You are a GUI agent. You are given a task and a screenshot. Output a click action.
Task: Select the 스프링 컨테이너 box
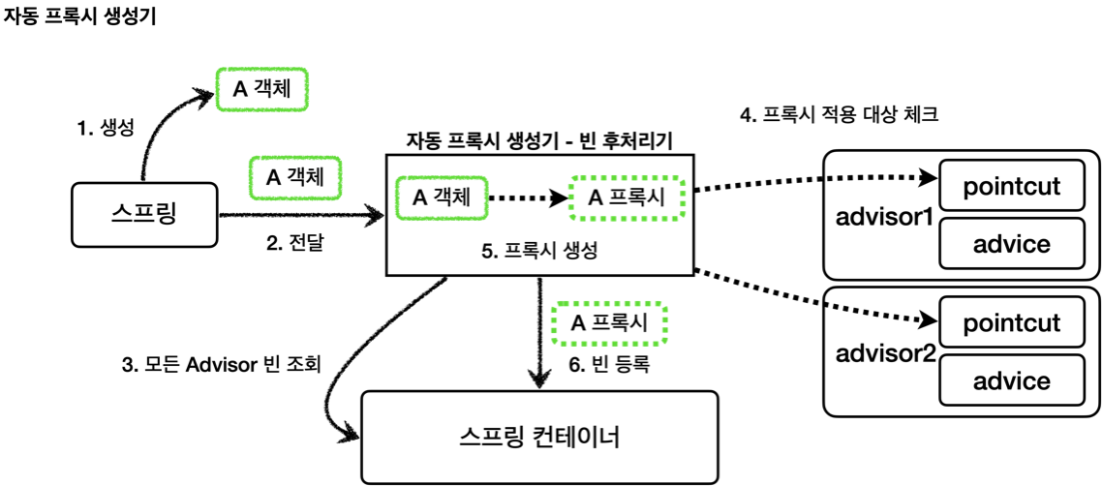(539, 437)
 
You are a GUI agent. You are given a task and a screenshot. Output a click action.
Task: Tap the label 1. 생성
(105, 127)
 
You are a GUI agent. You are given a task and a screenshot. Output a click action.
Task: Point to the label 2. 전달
(294, 244)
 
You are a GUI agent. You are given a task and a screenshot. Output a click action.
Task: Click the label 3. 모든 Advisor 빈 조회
(220, 365)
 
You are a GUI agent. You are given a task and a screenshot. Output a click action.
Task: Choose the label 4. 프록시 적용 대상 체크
(839, 115)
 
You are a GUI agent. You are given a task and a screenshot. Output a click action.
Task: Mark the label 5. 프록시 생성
(539, 250)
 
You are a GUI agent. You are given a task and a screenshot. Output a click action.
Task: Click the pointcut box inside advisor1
(1012, 186)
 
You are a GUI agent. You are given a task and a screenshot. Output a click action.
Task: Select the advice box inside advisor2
(1012, 380)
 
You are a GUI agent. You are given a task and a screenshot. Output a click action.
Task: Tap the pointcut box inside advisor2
(1012, 322)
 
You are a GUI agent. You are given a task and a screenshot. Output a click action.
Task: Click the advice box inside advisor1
(1012, 243)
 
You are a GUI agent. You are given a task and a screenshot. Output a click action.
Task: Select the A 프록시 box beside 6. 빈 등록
(609, 323)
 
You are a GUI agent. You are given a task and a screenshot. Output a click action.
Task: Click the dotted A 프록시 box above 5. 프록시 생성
(627, 197)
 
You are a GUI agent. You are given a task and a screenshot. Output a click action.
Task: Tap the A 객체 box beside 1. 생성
(261, 90)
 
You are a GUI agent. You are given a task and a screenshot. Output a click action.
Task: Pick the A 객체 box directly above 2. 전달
(294, 178)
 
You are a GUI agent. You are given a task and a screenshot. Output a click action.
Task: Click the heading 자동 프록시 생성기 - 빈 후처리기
(539, 139)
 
